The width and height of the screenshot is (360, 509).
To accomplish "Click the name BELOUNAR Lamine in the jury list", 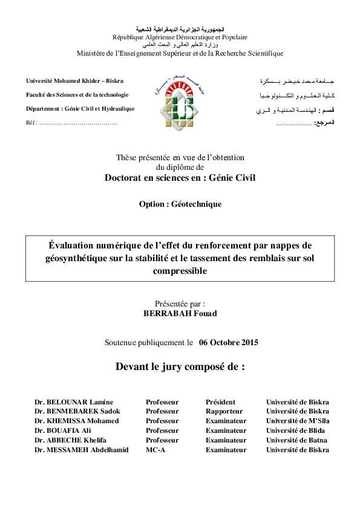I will pos(78,402).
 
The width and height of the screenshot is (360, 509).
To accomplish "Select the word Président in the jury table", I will pos(220,402).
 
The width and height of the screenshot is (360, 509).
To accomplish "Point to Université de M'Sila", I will pos(298,421).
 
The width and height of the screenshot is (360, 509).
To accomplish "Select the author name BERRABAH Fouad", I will pos(180,314).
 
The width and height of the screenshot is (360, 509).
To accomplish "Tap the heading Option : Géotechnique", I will pos(180,204).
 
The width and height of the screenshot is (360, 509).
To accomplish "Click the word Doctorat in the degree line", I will pos(126,178).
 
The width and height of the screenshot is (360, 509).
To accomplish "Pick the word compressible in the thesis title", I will pos(180,271).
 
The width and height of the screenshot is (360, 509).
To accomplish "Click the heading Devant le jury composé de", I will pos(180,366).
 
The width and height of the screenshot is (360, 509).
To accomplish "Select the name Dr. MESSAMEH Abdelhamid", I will pos(81,450).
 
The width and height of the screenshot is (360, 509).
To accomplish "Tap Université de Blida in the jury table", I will pos(296,430).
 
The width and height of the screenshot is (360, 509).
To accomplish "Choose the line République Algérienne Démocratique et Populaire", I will pos(180,37).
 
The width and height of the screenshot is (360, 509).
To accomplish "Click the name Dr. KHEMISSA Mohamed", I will pos(77,421).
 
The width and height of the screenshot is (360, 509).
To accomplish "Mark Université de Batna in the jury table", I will pos(297,440).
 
